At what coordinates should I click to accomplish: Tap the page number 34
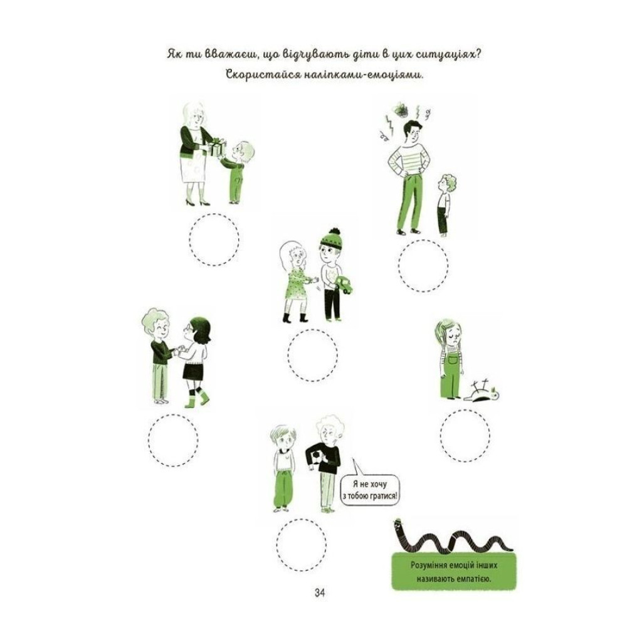click(x=320, y=593)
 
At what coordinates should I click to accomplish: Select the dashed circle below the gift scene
click(x=214, y=240)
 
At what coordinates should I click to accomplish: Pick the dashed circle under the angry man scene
click(x=423, y=266)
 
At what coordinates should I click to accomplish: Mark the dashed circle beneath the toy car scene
click(x=312, y=356)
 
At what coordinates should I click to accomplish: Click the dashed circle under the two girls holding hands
click(x=173, y=440)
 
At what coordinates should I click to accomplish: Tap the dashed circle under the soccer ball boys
click(x=301, y=545)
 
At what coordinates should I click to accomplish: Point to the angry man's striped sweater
click(x=409, y=161)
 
